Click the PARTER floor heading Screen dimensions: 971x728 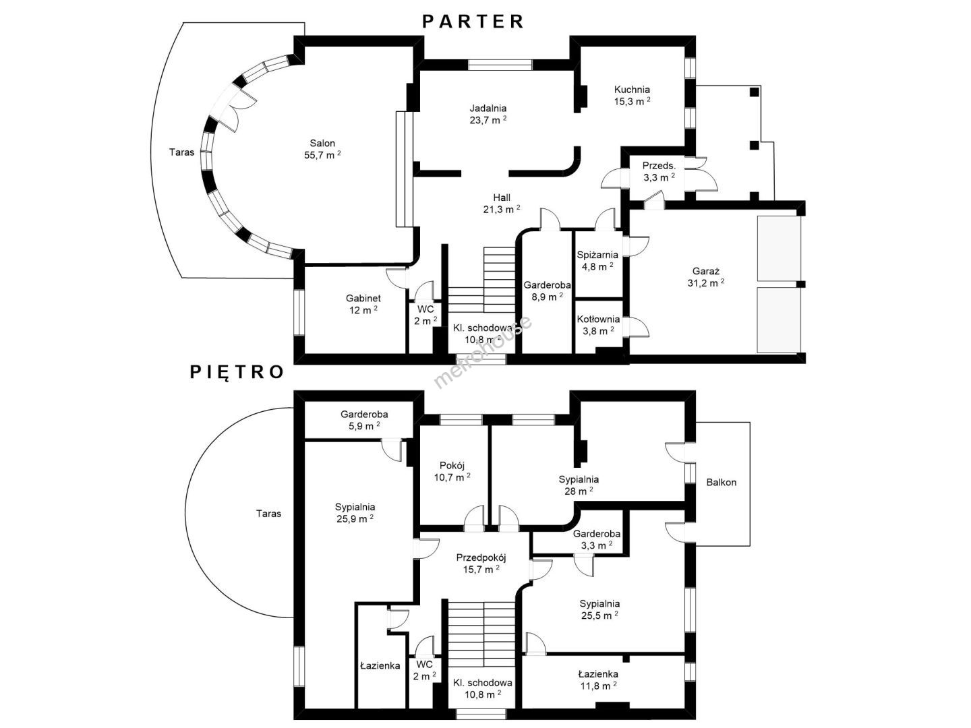coord(473,21)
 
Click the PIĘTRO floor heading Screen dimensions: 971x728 coord(237,372)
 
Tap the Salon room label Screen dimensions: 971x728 coord(322,143)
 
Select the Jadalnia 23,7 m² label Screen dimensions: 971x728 coord(488,114)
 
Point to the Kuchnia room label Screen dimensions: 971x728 coord(632,90)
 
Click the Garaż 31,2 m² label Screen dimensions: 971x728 coord(705,277)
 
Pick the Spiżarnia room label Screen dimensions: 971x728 coord(597,255)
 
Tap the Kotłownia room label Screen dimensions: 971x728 coord(598,319)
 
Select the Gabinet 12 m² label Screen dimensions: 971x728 coord(363,304)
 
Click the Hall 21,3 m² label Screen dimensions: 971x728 coord(502,204)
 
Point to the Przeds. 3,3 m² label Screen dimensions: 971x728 coord(659,171)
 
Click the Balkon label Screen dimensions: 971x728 coord(721,482)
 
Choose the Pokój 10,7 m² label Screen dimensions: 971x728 coord(452,471)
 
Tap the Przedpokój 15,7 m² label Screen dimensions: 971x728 coord(481,564)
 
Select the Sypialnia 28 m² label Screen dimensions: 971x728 coord(579,485)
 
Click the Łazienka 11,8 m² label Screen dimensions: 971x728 coord(598,680)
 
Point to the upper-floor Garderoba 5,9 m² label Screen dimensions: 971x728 coord(364,420)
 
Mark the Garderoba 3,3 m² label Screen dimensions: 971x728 coord(596,540)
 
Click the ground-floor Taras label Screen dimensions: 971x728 coord(181,152)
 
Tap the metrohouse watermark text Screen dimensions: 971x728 coord(483,352)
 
